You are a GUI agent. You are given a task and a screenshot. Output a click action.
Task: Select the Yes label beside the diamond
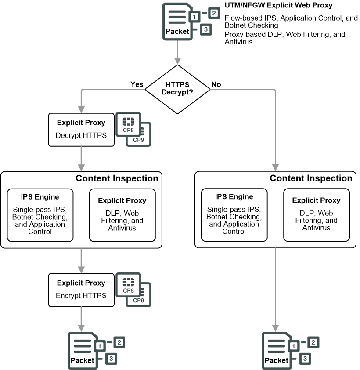137,84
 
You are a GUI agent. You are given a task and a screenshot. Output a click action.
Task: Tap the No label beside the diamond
216,84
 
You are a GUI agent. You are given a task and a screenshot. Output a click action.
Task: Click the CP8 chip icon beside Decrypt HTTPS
128,125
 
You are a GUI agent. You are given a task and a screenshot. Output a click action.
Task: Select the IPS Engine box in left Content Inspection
40,215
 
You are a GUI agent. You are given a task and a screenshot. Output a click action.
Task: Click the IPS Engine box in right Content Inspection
234,215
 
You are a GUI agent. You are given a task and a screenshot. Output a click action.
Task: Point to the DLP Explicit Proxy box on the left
122,215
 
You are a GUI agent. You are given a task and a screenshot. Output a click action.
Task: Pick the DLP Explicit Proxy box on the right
316,215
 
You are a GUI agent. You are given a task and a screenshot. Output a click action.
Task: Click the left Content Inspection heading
117,178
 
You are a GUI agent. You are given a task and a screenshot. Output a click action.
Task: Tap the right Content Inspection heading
311,178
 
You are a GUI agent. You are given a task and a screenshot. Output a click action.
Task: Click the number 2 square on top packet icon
213,13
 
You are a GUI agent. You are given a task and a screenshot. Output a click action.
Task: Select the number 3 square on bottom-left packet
111,359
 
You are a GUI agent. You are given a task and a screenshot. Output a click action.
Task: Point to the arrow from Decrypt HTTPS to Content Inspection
81,158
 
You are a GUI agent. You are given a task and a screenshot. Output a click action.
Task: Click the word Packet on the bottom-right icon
277,360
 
